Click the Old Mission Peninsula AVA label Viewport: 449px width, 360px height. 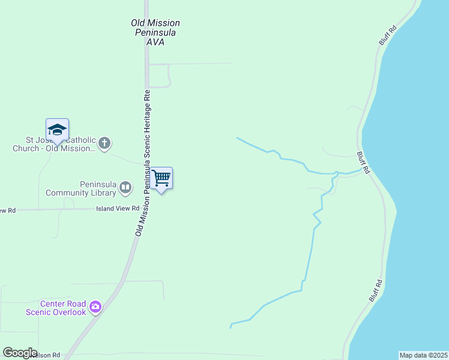[x=155, y=32]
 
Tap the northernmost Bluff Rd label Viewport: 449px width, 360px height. [x=388, y=35]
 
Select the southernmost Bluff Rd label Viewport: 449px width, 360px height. [x=376, y=290]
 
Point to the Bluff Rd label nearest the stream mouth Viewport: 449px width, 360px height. [x=363, y=163]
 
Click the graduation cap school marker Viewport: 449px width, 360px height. [x=57, y=130]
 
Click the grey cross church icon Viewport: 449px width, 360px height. [x=104, y=143]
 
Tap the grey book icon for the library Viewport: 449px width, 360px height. [x=125, y=188]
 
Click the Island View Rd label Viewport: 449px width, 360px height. [x=114, y=209]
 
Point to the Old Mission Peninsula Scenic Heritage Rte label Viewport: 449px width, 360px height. [x=143, y=162]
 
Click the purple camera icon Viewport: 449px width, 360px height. [x=95, y=308]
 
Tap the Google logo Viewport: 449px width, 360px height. [x=20, y=353]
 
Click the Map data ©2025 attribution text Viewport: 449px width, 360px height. [x=423, y=355]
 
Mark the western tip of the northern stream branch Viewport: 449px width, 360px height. [x=237, y=138]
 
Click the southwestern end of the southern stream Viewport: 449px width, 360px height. [x=231, y=328]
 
